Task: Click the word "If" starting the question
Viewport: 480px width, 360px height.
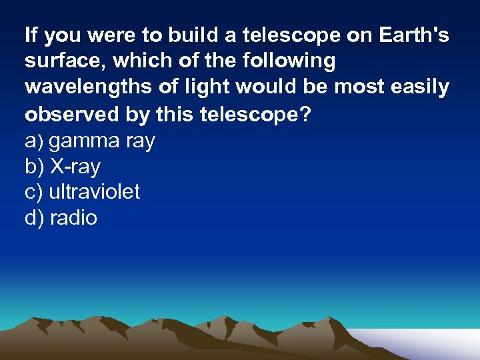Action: click(x=31, y=35)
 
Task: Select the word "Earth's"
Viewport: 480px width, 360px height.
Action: click(x=414, y=35)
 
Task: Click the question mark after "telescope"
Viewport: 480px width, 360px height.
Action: click(x=305, y=114)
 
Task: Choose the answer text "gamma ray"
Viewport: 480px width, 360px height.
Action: click(x=102, y=141)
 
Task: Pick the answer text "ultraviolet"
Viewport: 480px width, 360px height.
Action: click(x=94, y=192)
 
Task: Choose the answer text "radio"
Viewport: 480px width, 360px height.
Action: click(x=73, y=218)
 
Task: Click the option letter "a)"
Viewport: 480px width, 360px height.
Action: click(x=34, y=141)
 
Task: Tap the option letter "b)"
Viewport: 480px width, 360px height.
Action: click(x=34, y=166)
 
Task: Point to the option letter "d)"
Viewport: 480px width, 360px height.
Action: click(x=34, y=218)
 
